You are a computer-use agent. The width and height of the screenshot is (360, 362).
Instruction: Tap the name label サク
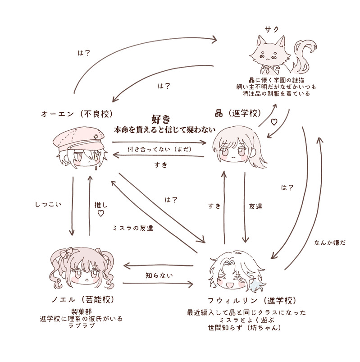click(x=272, y=29)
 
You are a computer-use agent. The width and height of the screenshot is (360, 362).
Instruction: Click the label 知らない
click(x=158, y=274)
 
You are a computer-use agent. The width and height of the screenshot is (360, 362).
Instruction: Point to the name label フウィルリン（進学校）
click(x=244, y=300)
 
